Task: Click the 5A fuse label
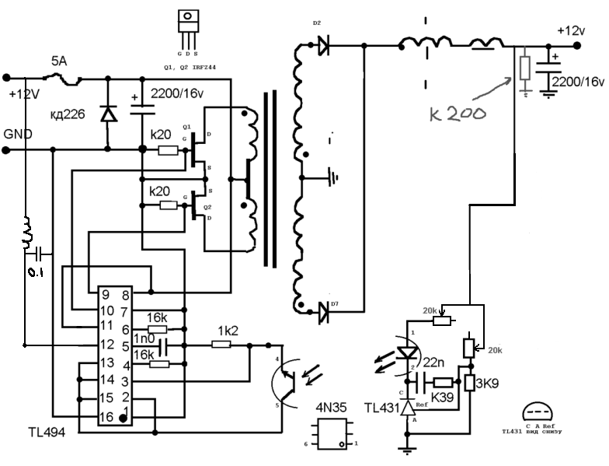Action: tap(59, 61)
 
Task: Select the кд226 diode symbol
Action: tap(107, 114)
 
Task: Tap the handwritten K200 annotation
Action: tap(458, 113)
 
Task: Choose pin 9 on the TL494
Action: tap(106, 296)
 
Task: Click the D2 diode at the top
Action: tap(324, 47)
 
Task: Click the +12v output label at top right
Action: tap(571, 30)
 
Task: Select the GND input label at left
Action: tap(19, 134)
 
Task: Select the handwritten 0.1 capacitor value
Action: tap(32, 271)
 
